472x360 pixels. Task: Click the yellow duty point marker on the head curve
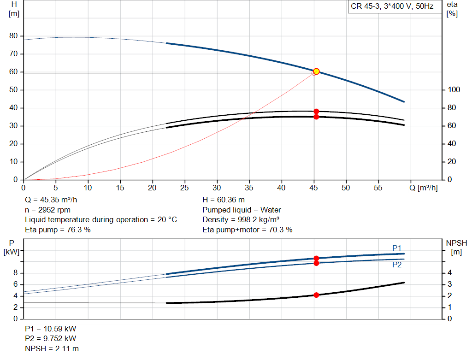click(x=316, y=71)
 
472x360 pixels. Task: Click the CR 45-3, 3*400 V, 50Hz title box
click(x=392, y=6)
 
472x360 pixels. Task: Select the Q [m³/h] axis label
click(x=423, y=188)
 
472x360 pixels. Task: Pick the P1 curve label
click(x=397, y=248)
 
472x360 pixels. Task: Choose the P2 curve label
click(x=397, y=265)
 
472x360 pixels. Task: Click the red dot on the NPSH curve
click(x=316, y=295)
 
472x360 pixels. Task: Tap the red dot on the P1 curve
click(x=316, y=258)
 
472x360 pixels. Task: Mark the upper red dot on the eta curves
click(x=316, y=112)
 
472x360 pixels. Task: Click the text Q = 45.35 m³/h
click(x=51, y=200)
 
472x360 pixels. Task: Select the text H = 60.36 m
click(x=224, y=200)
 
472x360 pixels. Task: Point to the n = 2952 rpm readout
click(x=47, y=210)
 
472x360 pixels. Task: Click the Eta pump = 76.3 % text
click(x=58, y=230)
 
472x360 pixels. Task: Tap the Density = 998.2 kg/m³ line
click(x=241, y=220)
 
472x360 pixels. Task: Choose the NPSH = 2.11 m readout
click(x=52, y=348)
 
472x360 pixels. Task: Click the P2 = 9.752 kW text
click(x=50, y=339)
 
